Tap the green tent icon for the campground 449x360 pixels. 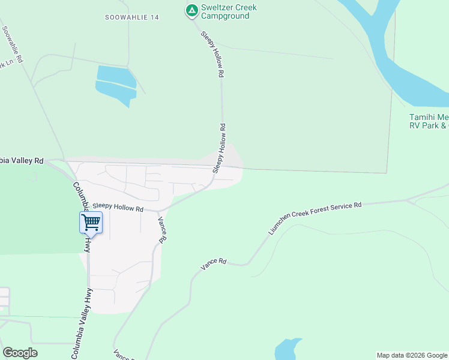click(191, 10)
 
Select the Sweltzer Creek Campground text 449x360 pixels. click(229, 11)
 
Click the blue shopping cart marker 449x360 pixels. click(91, 222)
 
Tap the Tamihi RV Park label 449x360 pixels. click(429, 121)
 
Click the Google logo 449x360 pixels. click(20, 353)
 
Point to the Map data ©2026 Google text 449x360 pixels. click(411, 355)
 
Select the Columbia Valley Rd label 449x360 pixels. click(22, 160)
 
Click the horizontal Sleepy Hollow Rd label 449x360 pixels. click(118, 208)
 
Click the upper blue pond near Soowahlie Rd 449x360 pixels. click(116, 74)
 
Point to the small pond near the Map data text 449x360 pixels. click(288, 351)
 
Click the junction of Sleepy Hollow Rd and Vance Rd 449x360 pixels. click(159, 212)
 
